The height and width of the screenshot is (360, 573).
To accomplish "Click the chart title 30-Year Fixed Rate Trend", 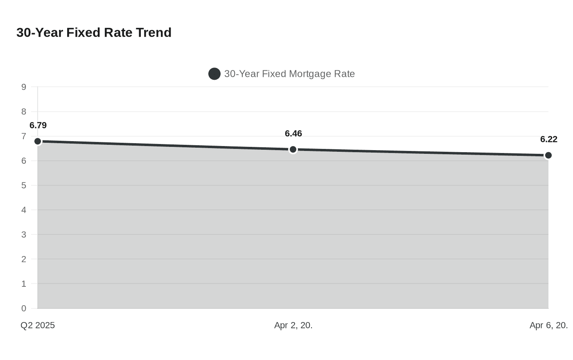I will tap(94, 33).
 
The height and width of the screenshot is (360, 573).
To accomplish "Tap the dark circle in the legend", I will tap(214, 74).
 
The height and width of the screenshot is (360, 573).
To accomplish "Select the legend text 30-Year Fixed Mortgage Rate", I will tap(289, 74).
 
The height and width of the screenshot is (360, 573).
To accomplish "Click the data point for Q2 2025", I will tap(38, 142).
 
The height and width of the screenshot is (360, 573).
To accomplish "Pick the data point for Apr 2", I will tap(293, 150).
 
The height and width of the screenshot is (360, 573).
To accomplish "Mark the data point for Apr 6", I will tap(548, 155).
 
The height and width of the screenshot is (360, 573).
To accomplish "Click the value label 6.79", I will tap(38, 126).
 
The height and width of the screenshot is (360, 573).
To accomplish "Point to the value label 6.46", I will tap(293, 134).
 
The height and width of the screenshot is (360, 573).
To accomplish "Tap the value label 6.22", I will tap(548, 139).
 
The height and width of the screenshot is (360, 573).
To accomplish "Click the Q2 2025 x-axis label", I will tap(38, 326).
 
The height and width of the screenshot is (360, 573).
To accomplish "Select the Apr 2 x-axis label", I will tap(293, 326).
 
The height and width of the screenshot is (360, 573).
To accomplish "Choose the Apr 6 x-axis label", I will tap(548, 326).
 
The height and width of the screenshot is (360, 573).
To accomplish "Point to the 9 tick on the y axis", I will tap(24, 87).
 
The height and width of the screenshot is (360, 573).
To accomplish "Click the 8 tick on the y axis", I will tap(24, 112).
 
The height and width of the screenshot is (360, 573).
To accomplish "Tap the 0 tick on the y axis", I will tap(24, 308).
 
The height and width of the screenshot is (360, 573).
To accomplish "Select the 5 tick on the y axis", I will tap(24, 185).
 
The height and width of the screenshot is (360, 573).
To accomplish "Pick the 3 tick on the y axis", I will tap(24, 235).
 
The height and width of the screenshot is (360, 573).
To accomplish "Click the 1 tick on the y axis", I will tap(24, 284).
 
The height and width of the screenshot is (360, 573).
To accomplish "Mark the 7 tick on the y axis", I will tap(24, 136).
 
